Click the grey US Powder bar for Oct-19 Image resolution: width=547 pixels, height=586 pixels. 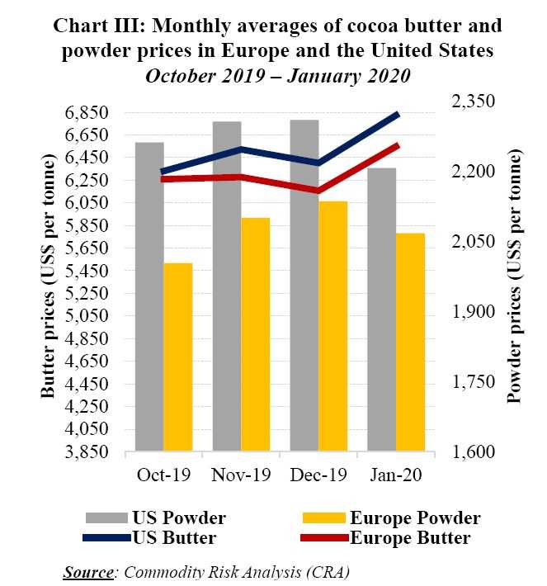[149, 297]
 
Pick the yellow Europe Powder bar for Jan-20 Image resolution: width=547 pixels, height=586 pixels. [410, 343]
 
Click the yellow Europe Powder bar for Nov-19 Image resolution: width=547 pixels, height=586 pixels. [254, 335]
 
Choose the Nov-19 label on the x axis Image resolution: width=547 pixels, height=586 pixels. [241, 476]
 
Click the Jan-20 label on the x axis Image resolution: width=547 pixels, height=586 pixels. [395, 476]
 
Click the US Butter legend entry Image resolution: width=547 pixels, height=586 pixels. [173, 538]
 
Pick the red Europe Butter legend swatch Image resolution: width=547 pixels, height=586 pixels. [323, 538]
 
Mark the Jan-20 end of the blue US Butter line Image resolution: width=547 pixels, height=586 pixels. [398, 114]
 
